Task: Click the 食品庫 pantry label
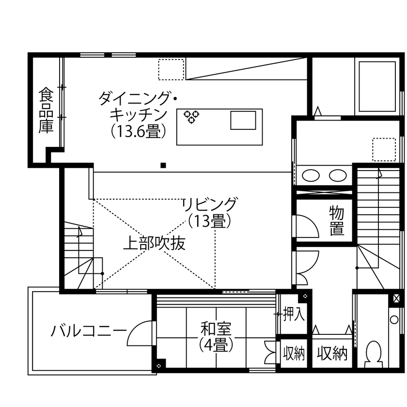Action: tap(46, 110)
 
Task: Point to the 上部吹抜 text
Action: tap(154, 243)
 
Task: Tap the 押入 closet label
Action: tap(294, 314)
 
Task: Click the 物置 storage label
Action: tap(337, 220)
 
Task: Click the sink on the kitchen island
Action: tap(243, 120)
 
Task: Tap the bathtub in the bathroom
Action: tap(377, 86)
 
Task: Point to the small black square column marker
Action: tap(163, 165)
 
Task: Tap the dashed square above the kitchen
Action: tap(172, 69)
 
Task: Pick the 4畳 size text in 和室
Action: tap(216, 345)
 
